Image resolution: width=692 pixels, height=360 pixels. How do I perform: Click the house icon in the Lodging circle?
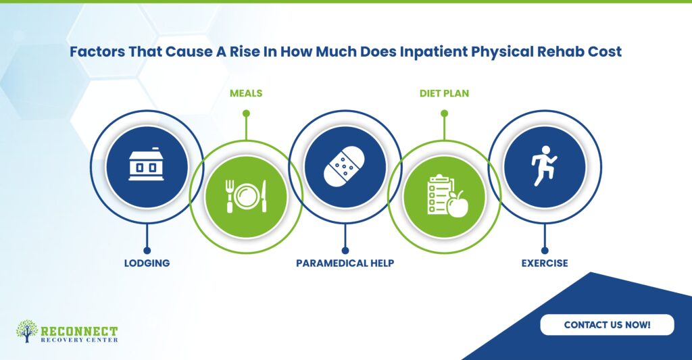pos(147,166)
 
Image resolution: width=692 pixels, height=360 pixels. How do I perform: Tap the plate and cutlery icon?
pos(246,197)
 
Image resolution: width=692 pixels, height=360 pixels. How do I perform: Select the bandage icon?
pos(345,168)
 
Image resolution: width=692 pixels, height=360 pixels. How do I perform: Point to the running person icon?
pos(544,166)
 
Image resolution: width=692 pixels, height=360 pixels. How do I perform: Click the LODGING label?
pos(147,263)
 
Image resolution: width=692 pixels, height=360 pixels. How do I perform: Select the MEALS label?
pos(246,93)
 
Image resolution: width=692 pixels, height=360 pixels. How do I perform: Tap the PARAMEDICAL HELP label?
pos(345,263)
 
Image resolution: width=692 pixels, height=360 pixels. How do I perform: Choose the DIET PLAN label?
pos(445,93)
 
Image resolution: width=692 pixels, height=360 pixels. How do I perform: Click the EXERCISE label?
pos(545,263)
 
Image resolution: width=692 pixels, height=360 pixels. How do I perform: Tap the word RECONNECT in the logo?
pos(80,331)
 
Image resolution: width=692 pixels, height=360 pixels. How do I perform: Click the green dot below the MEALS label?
pos(246,113)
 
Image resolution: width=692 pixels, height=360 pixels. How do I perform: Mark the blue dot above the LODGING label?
pos(147,251)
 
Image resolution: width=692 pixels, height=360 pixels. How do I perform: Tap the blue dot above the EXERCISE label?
pos(545,251)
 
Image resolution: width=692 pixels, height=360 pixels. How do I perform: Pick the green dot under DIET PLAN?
pos(445,113)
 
